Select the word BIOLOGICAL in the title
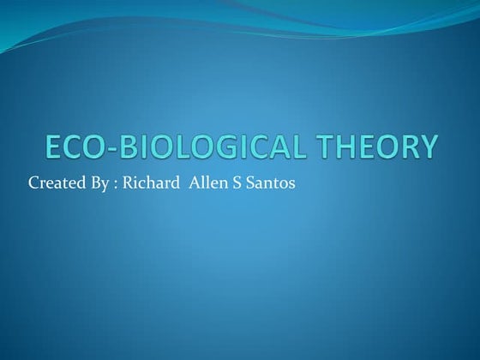click(213, 147)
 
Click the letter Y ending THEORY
click(428, 147)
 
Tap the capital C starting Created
click(34, 183)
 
